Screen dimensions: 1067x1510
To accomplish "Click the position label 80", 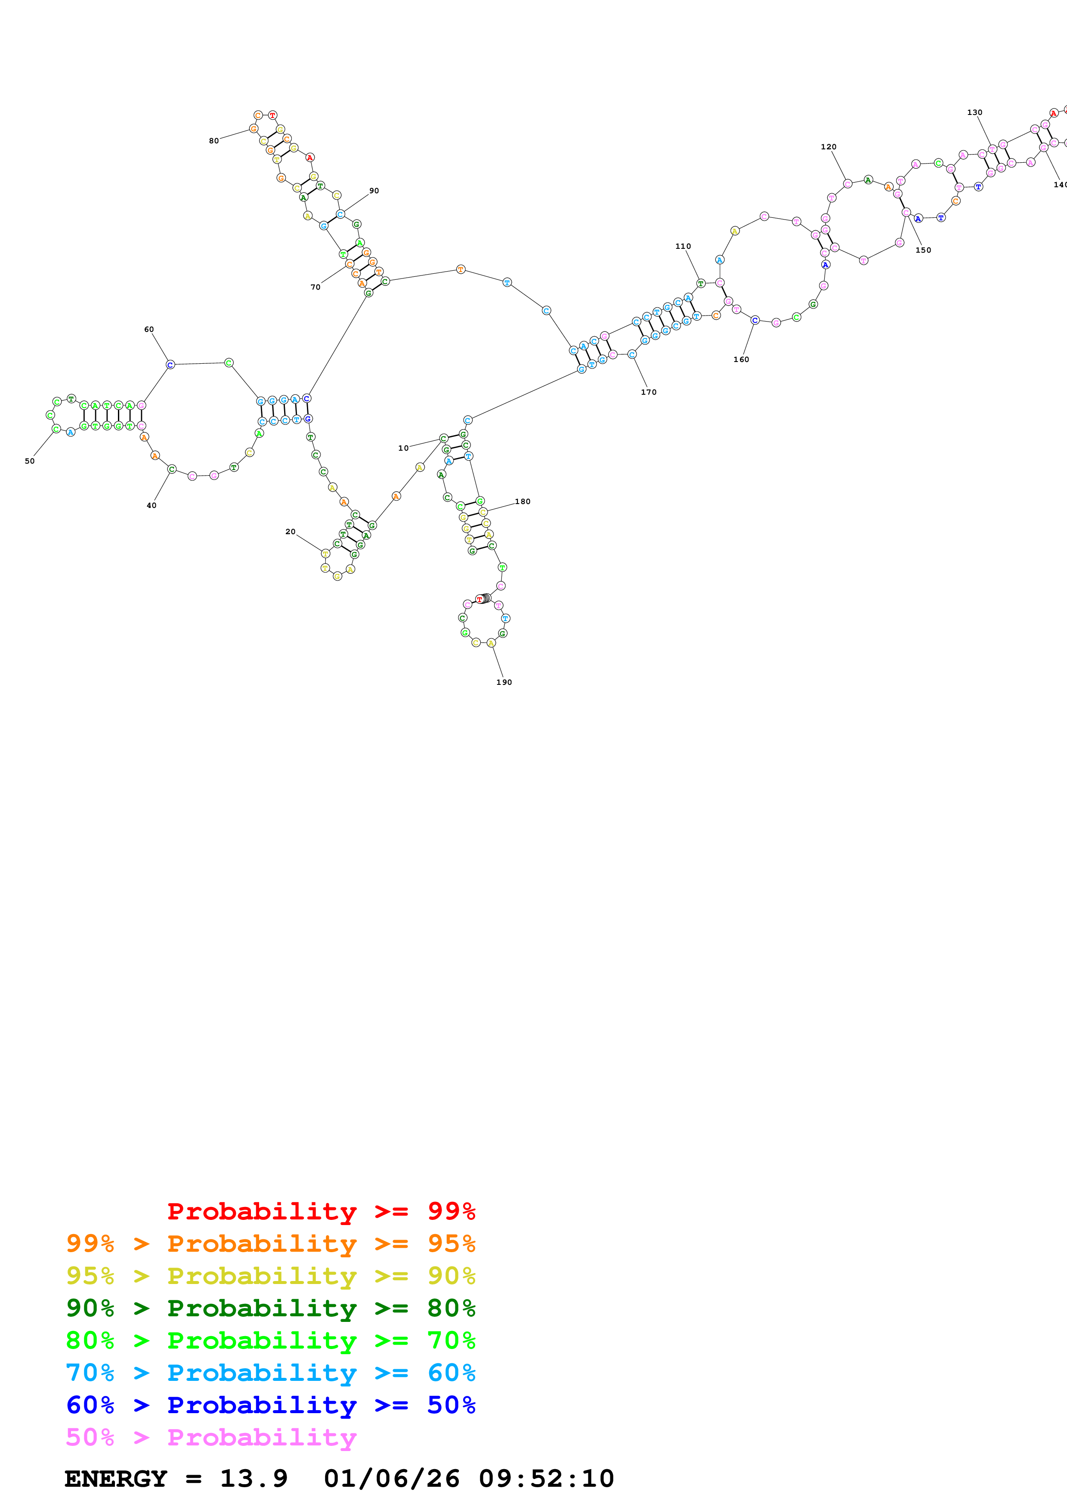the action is [x=213, y=141].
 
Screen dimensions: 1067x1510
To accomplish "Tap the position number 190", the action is [x=504, y=682].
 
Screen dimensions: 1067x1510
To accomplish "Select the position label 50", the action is [x=30, y=461].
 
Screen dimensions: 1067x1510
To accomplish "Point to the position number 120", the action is [x=829, y=147].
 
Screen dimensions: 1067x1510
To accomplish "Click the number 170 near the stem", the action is [x=648, y=392].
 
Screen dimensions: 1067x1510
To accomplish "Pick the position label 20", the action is [x=290, y=532].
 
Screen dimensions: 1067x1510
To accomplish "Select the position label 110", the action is [x=683, y=246].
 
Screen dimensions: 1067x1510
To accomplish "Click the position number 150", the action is [x=923, y=250].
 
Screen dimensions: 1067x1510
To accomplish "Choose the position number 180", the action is [x=523, y=501].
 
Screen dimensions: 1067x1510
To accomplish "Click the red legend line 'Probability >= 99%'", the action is [x=321, y=1211].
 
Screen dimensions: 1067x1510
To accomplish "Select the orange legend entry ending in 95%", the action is [x=270, y=1243].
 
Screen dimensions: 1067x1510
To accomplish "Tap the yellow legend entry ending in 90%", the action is [x=270, y=1275].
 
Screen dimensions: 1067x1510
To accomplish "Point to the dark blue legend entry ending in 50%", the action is [x=270, y=1405].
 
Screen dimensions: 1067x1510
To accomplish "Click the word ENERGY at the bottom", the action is [x=116, y=1479].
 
